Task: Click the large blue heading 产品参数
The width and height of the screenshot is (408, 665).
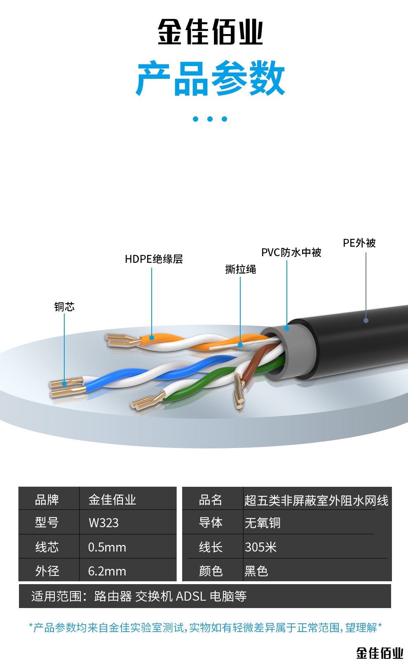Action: [210, 78]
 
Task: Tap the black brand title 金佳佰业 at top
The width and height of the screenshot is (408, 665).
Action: [210, 32]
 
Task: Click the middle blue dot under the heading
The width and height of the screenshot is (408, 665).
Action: [210, 119]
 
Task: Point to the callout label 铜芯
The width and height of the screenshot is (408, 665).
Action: [64, 307]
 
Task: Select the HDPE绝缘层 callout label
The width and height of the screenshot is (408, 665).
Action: [154, 259]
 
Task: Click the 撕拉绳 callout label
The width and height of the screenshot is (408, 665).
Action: [241, 269]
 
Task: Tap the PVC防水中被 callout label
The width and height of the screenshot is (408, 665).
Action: [291, 252]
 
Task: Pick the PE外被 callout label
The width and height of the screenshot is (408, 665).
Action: [359, 243]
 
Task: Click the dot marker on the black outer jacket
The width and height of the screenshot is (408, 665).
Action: [366, 320]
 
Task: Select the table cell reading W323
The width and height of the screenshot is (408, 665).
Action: [103, 523]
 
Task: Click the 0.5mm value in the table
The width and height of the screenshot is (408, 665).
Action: [107, 547]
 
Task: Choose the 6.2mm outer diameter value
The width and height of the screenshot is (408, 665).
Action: [107, 571]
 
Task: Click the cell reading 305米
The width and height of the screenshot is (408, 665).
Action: [260, 547]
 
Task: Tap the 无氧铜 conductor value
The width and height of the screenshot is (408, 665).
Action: [263, 523]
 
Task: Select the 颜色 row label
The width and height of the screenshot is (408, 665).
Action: [211, 571]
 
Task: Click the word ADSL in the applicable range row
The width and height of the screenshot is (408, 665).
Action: [191, 596]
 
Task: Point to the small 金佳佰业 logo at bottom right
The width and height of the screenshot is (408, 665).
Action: [380, 653]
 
